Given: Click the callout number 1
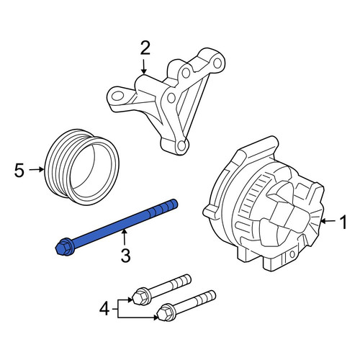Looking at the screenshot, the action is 343,222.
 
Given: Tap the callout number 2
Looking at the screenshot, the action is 145,48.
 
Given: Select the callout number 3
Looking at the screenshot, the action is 125,255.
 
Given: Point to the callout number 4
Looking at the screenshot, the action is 104,309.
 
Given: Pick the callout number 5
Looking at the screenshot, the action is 19,170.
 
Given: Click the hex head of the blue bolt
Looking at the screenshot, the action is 63,247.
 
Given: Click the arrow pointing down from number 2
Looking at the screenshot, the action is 143,66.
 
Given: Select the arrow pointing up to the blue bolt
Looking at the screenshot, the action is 124,236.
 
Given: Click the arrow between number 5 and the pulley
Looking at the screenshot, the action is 37,170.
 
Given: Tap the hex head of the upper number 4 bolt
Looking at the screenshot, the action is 140,297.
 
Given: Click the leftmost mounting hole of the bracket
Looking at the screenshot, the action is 117,96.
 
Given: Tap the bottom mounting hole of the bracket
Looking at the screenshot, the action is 181,145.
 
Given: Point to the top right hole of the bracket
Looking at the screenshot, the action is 217,63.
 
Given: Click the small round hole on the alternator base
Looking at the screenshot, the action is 292,254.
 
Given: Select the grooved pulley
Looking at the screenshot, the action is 82,168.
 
